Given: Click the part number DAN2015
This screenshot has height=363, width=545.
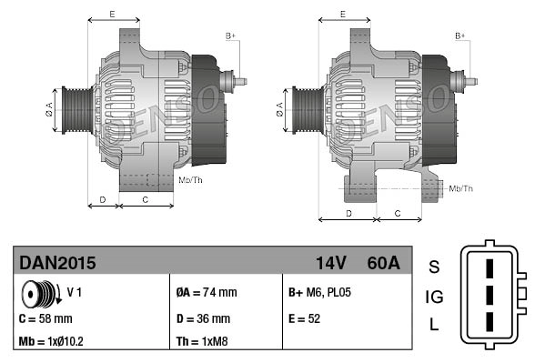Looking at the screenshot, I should (x=57, y=263).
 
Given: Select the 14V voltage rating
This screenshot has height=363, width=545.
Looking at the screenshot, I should (x=330, y=263).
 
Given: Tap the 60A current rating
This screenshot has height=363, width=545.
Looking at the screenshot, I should (x=381, y=263).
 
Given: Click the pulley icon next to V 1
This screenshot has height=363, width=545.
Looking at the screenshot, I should (x=38, y=294).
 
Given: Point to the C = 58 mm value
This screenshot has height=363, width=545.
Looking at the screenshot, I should (x=45, y=318).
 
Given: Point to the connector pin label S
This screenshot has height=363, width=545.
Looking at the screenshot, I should (x=434, y=267).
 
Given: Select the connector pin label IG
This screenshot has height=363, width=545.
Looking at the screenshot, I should (x=434, y=296).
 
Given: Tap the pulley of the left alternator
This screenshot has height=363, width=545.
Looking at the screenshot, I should (x=72, y=110).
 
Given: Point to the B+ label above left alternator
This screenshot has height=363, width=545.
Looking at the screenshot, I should (x=231, y=35).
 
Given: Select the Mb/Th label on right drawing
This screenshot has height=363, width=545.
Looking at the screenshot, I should (x=461, y=188).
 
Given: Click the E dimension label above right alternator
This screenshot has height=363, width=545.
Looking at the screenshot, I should (x=342, y=14).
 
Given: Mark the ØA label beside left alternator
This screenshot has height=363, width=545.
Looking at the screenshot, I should (x=49, y=110).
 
